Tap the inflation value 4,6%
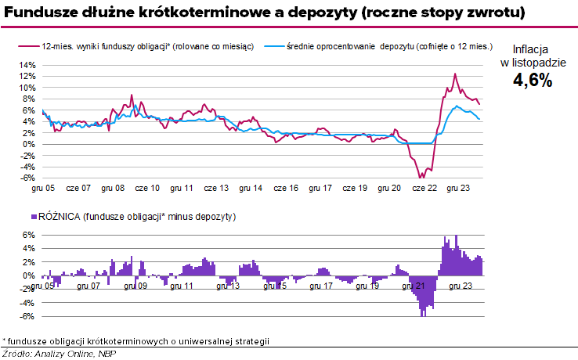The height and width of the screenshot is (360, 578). point(533,81)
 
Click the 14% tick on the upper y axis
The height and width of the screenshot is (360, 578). point(26,65)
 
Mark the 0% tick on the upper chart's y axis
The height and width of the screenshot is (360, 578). point(28,144)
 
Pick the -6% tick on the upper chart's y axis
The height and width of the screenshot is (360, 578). point(27,178)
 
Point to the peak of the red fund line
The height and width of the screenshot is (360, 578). point(455,74)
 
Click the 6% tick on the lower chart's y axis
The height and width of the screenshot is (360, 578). point(28,235)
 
